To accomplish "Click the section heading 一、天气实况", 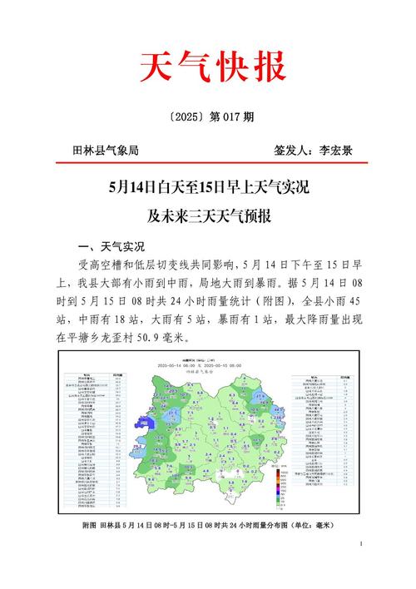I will pos(111,247).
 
